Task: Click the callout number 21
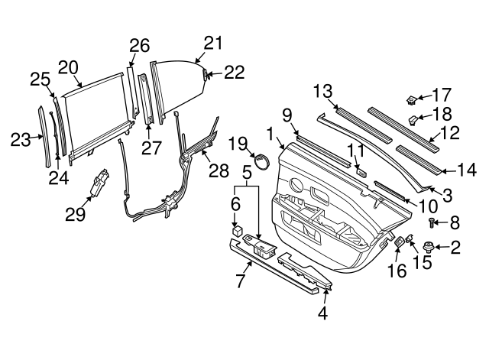[x=213, y=43]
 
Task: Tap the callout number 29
[x=75, y=215]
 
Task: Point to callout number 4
[x=322, y=312]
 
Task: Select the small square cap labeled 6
[x=238, y=229]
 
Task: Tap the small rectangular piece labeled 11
[x=360, y=173]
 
